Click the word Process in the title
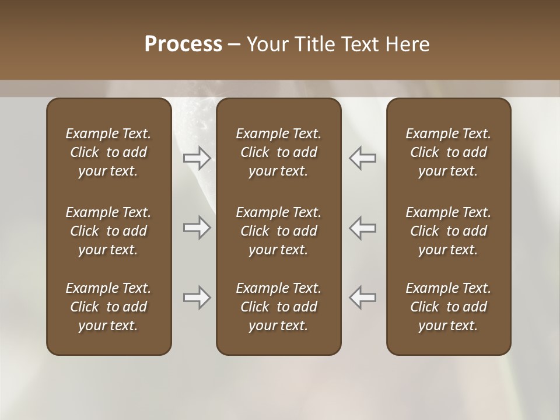tap(183, 44)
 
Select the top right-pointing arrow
tap(197, 158)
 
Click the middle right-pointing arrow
tap(197, 228)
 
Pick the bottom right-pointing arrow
tap(197, 297)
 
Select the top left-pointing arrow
tap(362, 158)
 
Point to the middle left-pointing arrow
tap(362, 228)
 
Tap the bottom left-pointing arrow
tap(362, 297)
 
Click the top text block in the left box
tap(108, 152)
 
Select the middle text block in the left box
tap(108, 231)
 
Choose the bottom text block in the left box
tap(108, 307)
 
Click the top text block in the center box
tap(279, 152)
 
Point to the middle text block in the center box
tap(279, 231)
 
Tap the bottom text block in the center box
tap(279, 307)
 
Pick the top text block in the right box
tap(449, 152)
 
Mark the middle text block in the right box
tap(449, 231)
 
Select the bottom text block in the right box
tap(449, 307)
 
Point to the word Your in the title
tap(265, 44)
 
